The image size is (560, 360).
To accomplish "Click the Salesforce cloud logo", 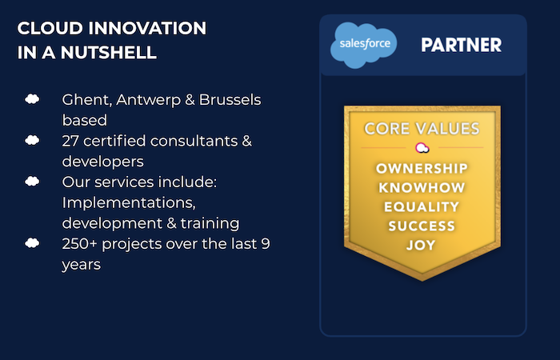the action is (x=363, y=45).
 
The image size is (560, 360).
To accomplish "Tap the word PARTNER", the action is (x=461, y=45).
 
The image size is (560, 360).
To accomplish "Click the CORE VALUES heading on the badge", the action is (x=422, y=129).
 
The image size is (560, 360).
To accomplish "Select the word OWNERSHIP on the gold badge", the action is (x=422, y=168).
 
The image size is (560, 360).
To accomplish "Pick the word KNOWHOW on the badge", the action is (x=422, y=187).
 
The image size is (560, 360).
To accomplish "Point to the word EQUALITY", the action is (x=422, y=206).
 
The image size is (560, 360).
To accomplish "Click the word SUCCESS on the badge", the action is (x=422, y=226).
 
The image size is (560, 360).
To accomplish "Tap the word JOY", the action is (x=422, y=246).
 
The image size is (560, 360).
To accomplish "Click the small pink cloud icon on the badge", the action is (x=422, y=147).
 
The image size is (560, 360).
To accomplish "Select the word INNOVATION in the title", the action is (x=147, y=28).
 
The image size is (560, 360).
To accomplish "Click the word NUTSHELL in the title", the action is (x=109, y=53).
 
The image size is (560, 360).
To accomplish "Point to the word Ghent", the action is (x=87, y=100).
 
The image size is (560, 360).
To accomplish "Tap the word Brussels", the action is (x=230, y=100).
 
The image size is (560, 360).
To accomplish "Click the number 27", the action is (x=70, y=141).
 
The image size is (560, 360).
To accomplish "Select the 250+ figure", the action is (x=79, y=244).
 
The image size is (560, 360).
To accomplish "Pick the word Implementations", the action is (x=129, y=203).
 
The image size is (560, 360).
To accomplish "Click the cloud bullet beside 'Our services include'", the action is (x=32, y=182).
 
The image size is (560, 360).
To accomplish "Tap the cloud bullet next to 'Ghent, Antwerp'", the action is (x=32, y=99).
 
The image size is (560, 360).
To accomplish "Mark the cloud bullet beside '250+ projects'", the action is (x=32, y=243).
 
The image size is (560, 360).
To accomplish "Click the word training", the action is (x=210, y=223).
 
